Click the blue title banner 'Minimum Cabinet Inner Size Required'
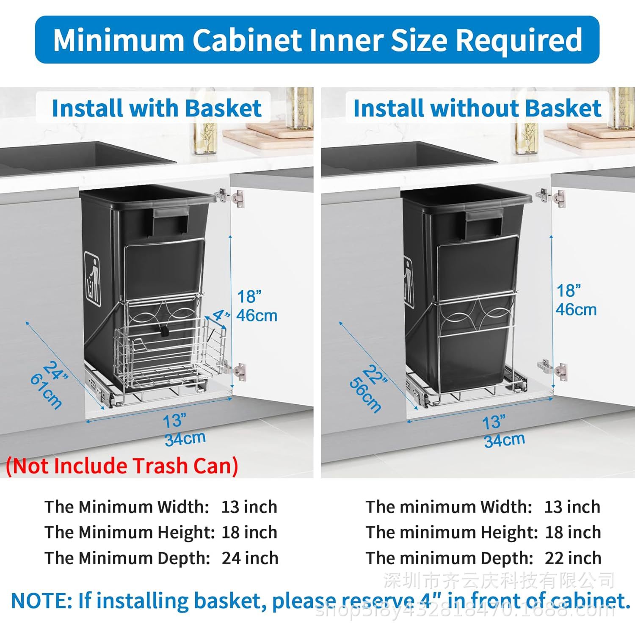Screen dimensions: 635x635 point(317,40)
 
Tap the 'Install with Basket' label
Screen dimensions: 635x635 point(157,108)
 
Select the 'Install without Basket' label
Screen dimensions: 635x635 point(477,108)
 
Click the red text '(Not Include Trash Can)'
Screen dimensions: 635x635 point(122,466)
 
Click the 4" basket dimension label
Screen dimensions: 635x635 point(221,315)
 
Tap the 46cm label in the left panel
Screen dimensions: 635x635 point(257,315)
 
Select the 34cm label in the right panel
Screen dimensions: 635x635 point(504,441)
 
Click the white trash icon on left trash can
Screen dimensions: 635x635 point(93,279)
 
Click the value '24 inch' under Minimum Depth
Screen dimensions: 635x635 point(250,558)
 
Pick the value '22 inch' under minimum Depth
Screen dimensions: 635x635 point(573,558)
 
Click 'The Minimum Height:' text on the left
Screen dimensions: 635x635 point(130,532)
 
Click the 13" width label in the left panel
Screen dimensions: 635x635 point(174,421)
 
